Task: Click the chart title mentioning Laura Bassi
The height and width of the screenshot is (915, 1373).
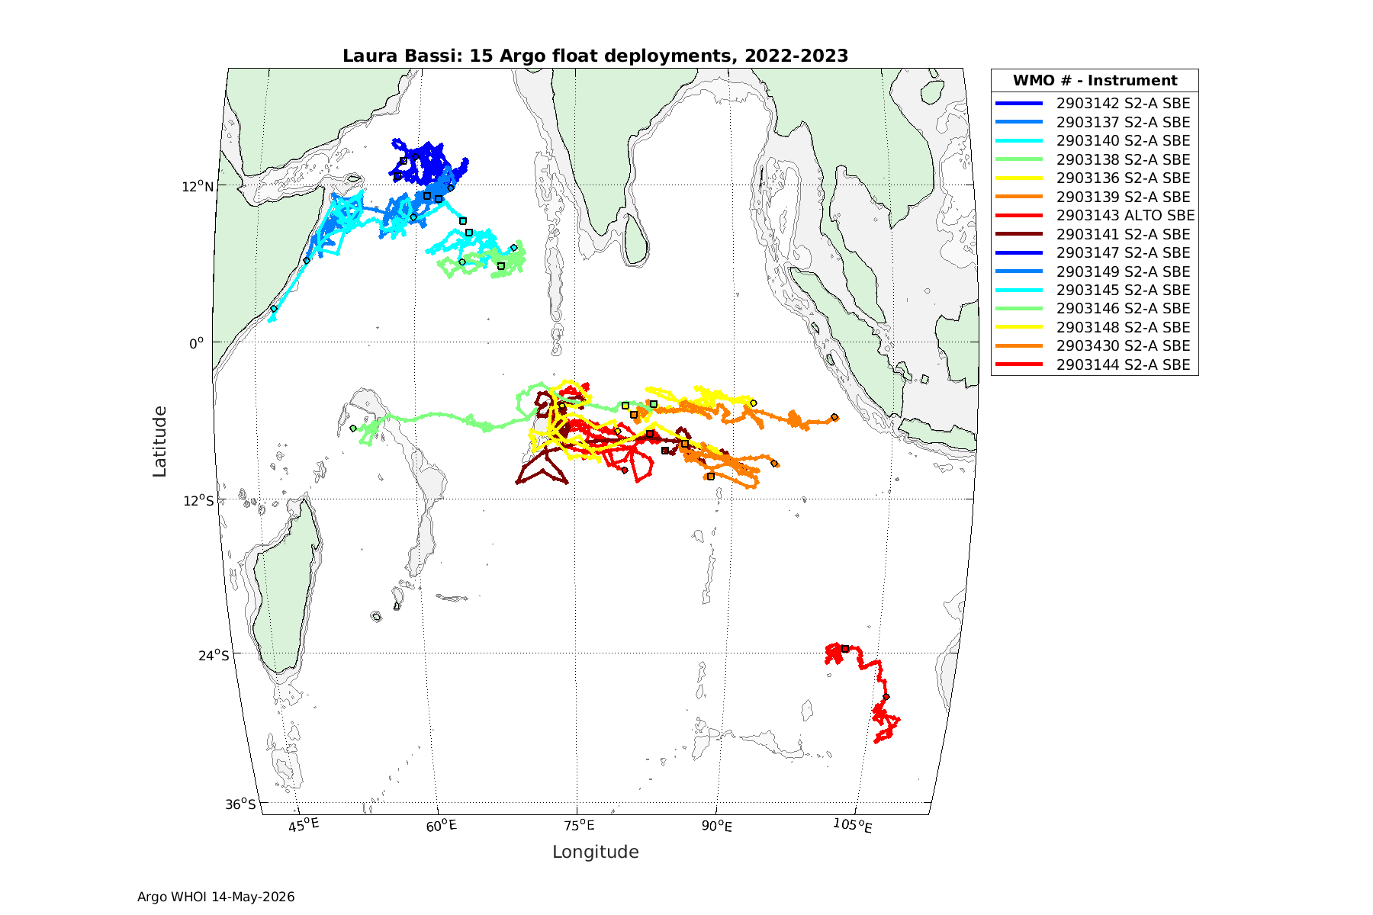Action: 595,56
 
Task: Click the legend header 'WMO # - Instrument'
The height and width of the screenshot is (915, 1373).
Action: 1095,80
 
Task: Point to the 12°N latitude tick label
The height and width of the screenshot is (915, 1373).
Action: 197,186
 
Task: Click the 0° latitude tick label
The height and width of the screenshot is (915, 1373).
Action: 197,343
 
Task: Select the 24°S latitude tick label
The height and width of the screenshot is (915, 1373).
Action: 213,655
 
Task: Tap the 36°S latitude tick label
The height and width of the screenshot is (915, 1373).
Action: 240,804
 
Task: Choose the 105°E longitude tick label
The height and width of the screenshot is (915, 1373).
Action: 852,825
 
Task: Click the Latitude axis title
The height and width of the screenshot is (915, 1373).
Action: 159,441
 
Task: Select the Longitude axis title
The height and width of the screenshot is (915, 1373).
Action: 596,852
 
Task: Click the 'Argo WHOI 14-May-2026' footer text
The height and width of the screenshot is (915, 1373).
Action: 216,897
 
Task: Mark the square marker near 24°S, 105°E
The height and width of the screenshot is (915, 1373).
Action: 845,649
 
